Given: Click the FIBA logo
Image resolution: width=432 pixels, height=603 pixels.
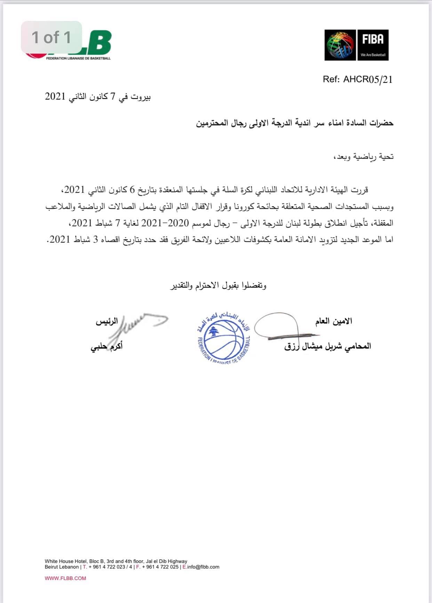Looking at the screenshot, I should tap(357, 45).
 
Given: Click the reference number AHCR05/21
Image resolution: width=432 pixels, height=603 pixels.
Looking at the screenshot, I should tap(368, 79).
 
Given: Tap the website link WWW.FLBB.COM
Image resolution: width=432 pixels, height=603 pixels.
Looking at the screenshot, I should tap(65, 578).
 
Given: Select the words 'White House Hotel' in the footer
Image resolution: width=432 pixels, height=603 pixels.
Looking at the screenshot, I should tap(66, 561).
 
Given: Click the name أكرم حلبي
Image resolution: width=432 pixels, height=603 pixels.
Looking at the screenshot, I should tap(106, 347).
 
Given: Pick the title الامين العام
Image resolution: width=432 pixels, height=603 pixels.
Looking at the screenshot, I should tap(334, 321).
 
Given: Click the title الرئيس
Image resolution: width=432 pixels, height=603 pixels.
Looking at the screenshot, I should tap(107, 321).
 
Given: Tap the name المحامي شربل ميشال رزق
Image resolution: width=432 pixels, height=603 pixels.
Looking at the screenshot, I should tap(328, 346).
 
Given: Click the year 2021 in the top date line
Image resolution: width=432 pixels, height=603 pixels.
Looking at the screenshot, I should tap(55, 96).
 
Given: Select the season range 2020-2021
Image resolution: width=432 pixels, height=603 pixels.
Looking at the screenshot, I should tap(165, 223).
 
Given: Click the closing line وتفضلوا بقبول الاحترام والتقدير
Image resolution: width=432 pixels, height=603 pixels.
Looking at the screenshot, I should tap(218, 285).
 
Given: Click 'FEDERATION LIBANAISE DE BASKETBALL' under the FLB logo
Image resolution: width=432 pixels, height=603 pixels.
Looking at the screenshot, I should tap(78, 58).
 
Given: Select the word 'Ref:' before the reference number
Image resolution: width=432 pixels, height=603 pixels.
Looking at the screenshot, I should tap(331, 79).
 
